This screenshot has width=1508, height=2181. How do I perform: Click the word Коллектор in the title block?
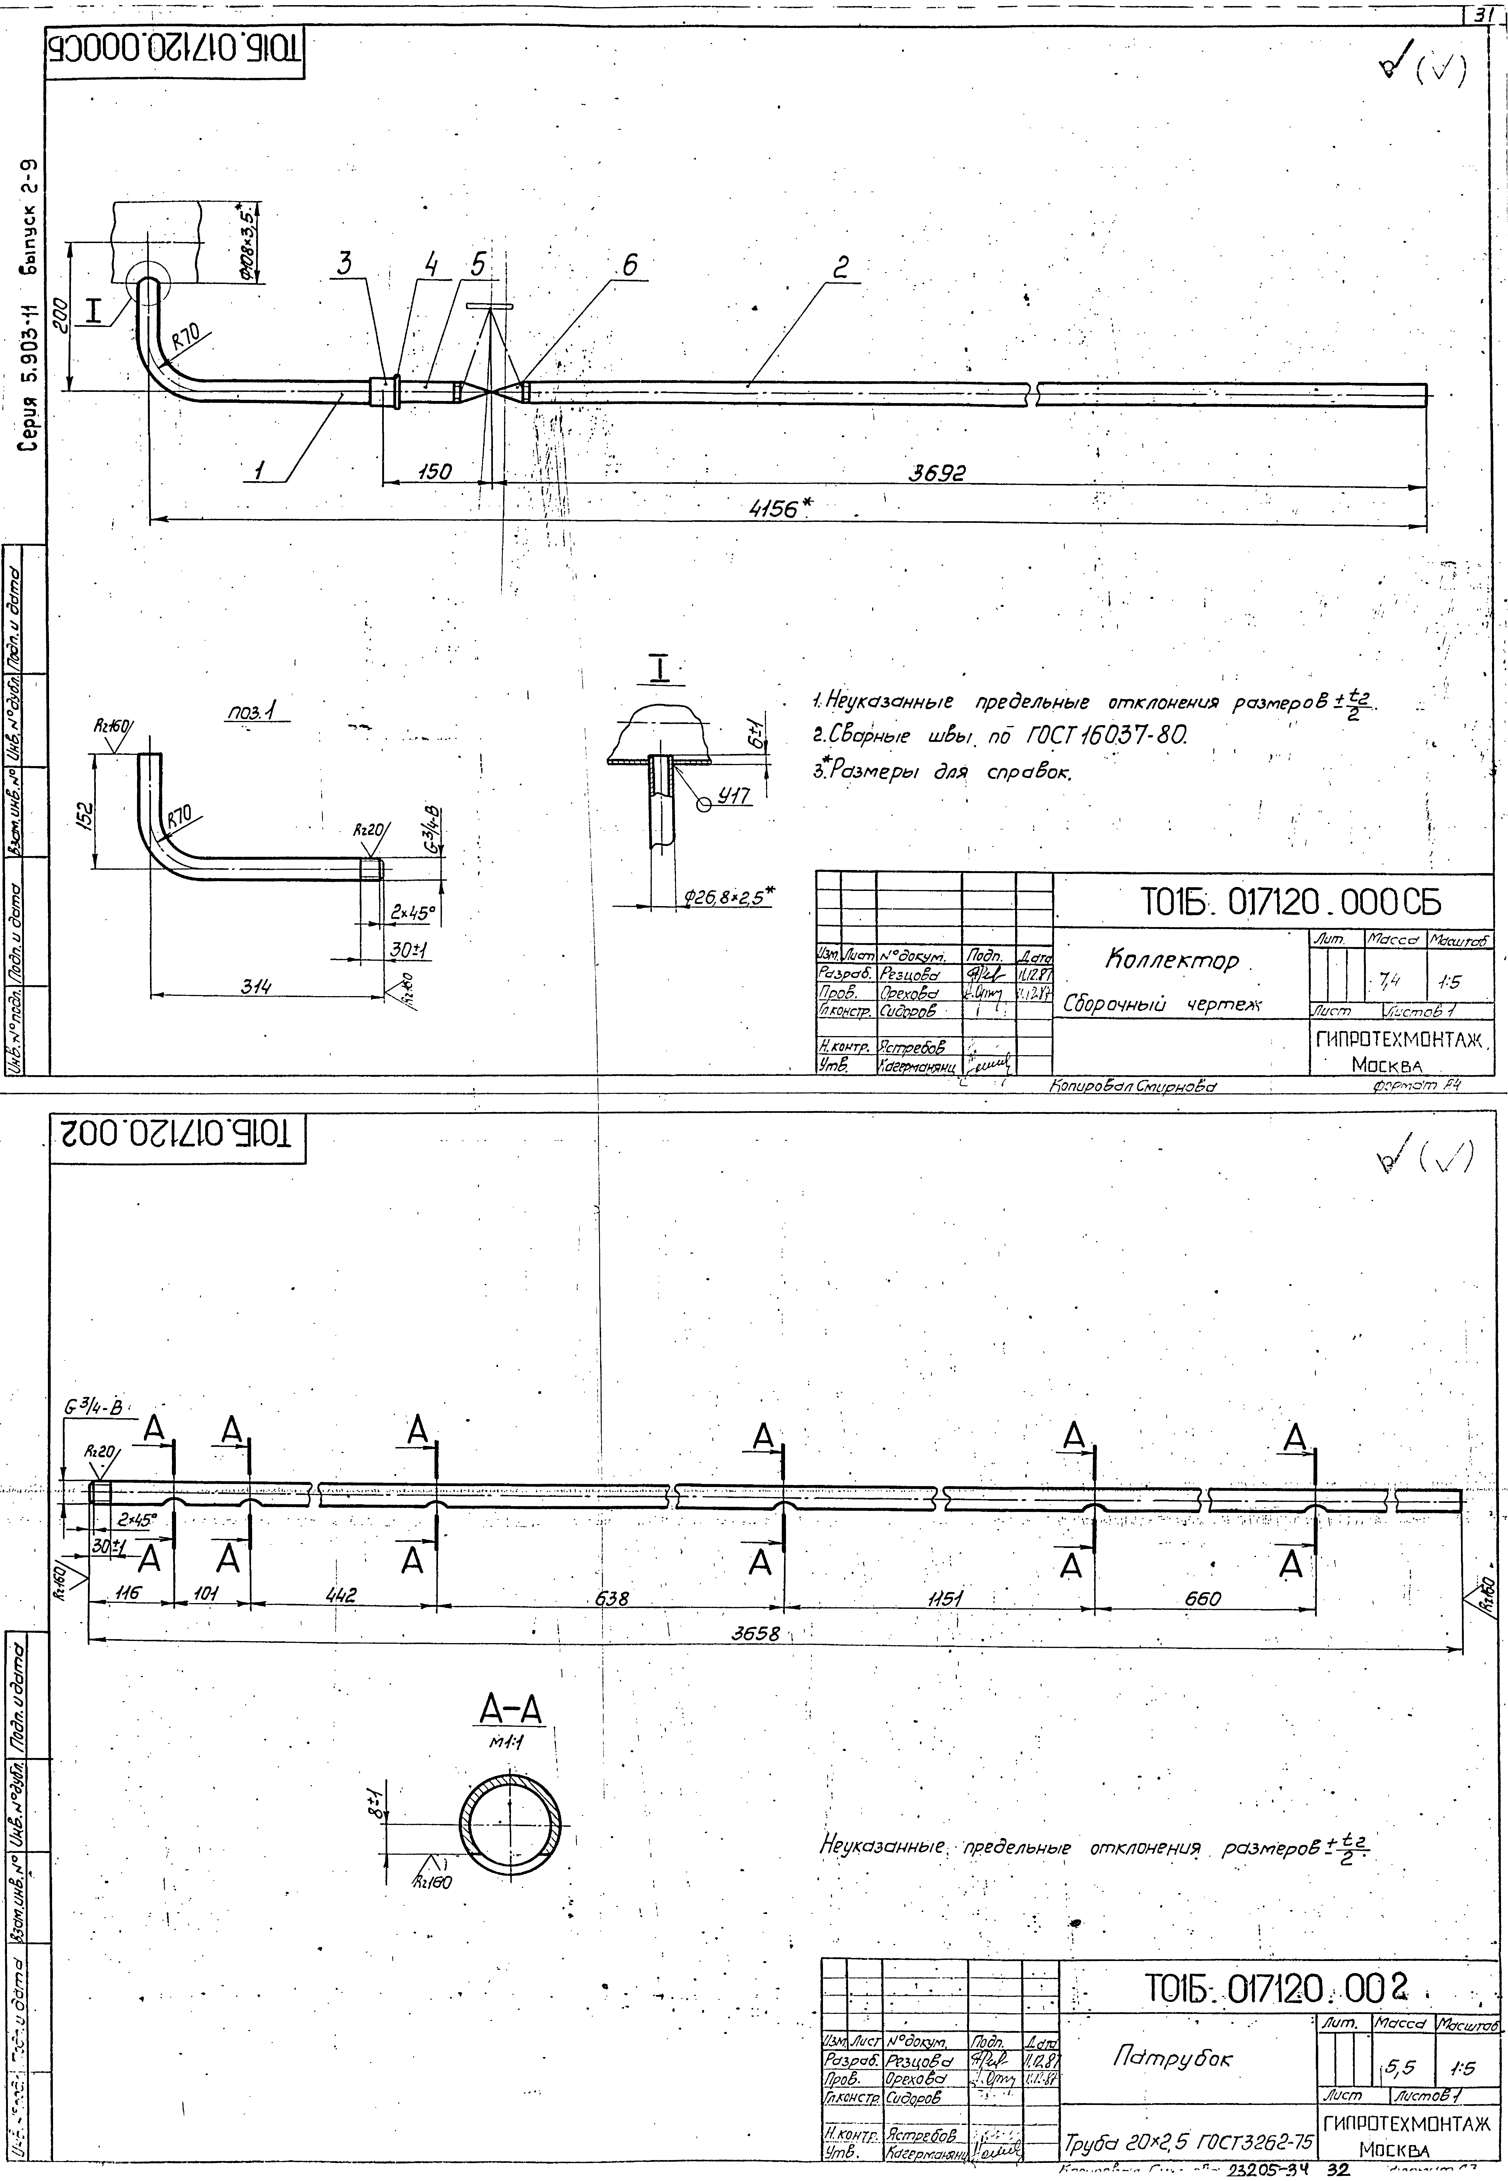[x=1172, y=961]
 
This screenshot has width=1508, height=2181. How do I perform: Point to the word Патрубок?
[x=1172, y=2057]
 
